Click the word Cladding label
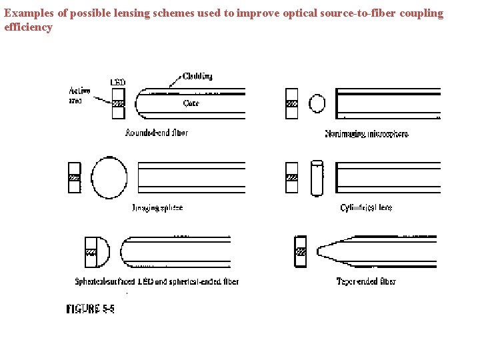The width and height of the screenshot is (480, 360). (x=197, y=76)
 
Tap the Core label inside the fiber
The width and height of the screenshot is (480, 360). (x=191, y=103)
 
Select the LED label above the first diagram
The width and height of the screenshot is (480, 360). (x=118, y=82)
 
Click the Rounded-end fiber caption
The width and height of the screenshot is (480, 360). (x=157, y=133)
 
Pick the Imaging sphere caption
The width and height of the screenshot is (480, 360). (x=157, y=208)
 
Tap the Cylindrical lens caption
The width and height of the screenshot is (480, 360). (x=366, y=208)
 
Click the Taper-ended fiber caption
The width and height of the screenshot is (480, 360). (x=366, y=281)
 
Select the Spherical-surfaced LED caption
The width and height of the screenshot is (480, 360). (x=157, y=281)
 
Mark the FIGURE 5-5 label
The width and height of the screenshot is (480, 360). (x=90, y=309)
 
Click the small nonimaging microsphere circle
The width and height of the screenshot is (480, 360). (x=317, y=103)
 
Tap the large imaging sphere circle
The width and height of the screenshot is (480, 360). (x=109, y=178)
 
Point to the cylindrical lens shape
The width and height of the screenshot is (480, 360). (x=317, y=178)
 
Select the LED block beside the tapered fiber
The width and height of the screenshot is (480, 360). (x=301, y=251)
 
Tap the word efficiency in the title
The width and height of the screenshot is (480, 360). (x=28, y=27)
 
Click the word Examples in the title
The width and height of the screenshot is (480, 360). (x=26, y=13)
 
